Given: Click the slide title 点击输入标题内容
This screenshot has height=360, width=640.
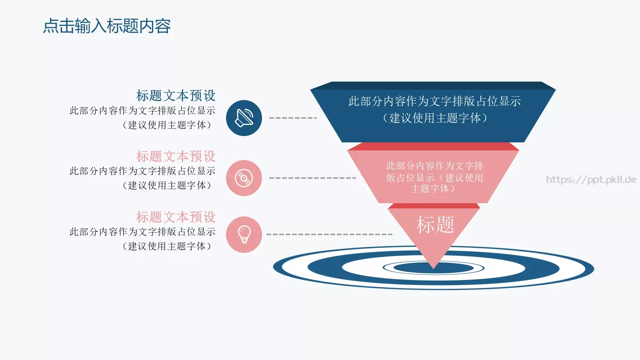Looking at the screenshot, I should pos(107,26).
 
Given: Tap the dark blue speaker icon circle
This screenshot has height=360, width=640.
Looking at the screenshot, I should pos(244,118).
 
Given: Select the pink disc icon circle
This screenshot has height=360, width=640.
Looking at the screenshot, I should pos(244,178).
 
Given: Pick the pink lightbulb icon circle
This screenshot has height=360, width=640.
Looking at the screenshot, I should pos(244,235).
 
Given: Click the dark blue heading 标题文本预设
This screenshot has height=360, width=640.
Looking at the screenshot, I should pos(176,96).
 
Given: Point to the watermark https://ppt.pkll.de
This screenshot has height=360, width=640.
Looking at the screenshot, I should pos(591,180).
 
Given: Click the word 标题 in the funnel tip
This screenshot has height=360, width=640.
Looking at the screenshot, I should pos(435,224).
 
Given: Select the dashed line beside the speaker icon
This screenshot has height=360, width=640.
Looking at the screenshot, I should pos(293,118).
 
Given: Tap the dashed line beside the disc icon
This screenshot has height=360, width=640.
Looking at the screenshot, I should pos(312,178).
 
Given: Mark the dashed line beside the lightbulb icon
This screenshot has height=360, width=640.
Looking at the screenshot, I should pos(329,234).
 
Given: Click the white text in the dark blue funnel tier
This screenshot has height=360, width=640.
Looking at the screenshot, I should pos(434,110).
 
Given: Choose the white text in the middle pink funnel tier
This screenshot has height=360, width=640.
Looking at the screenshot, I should pos(434,177).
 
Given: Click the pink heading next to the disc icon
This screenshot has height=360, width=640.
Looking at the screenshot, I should pos(176,156).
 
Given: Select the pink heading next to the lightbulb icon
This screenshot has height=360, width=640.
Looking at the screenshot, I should pos(176,217).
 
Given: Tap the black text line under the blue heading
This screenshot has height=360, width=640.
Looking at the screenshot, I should pos(142,110).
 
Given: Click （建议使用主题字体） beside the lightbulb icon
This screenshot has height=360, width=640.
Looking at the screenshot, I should pos(167,246).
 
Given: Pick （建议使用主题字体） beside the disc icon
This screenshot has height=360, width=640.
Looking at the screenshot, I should pos(167,185).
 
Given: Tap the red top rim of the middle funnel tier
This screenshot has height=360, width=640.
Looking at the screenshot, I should pos(433,146).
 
